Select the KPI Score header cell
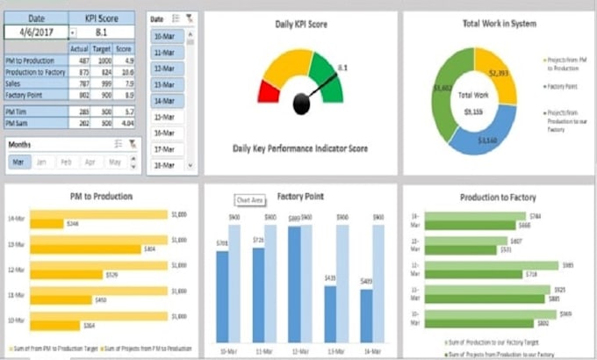tap(101, 17)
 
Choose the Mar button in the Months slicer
tap(18, 162)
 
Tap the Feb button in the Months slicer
tap(66, 162)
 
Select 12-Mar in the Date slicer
tap(162, 68)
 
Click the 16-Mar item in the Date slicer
tap(162, 133)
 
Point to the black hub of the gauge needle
tap(303, 104)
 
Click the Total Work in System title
tap(497, 24)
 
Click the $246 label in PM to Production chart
tap(73, 224)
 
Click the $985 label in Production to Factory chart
tap(568, 264)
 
